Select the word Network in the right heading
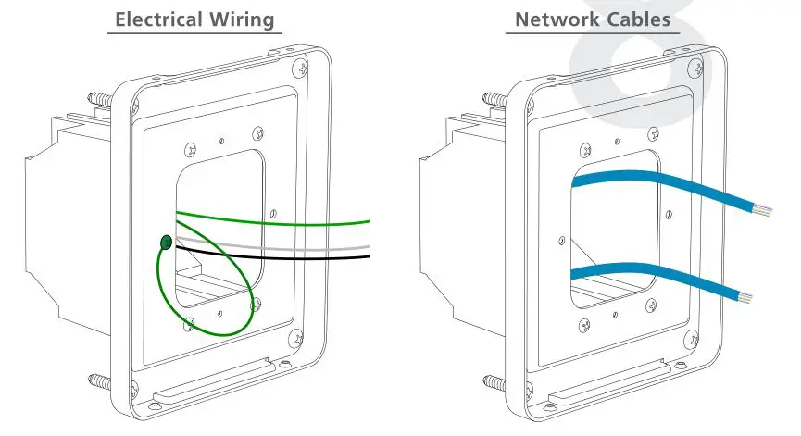(x=554, y=19)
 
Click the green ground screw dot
(x=165, y=243)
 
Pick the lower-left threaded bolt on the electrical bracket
(x=98, y=379)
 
